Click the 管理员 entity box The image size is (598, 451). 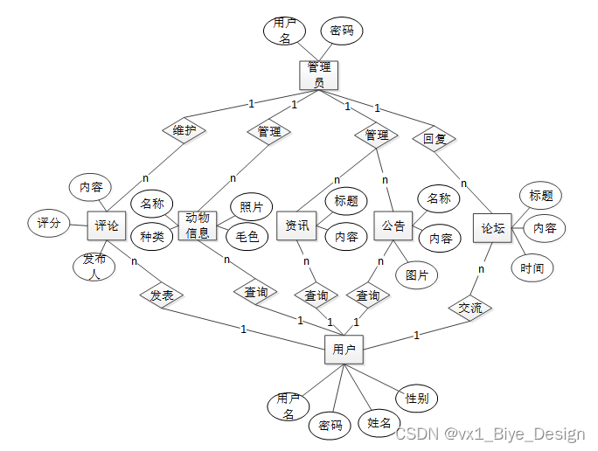click(x=319, y=74)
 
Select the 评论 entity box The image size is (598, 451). click(x=108, y=225)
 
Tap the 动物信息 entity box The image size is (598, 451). click(x=198, y=225)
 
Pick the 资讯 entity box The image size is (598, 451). click(x=297, y=225)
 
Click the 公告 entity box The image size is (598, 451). click(x=393, y=225)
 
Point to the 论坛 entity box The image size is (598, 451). click(x=492, y=228)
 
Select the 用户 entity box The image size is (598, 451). click(x=344, y=350)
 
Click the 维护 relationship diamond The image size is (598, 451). click(x=184, y=130)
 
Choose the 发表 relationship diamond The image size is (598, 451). click(x=162, y=295)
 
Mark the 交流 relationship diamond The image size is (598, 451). click(x=470, y=308)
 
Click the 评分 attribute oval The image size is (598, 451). click(x=49, y=223)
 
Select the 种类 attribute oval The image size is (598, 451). click(x=152, y=235)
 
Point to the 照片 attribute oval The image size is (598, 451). click(x=251, y=207)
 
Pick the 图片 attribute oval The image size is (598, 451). click(x=417, y=275)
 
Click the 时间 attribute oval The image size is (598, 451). click(x=532, y=267)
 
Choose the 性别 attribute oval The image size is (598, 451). click(x=416, y=398)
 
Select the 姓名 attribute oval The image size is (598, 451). click(x=379, y=423)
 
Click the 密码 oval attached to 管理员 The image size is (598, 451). click(x=342, y=31)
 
